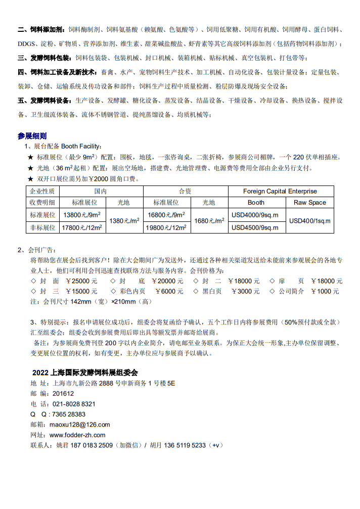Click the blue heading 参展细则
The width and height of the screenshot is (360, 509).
(x=32, y=136)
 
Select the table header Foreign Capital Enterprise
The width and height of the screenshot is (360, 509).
(x=280, y=191)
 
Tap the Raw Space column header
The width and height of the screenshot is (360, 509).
(x=310, y=202)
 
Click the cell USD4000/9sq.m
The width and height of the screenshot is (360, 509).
(x=255, y=215)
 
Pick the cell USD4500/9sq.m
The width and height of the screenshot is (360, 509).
(x=255, y=227)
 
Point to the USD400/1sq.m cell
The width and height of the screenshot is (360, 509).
(x=310, y=221)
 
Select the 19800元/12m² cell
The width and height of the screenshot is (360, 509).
(x=166, y=227)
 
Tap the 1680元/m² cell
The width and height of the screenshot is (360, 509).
(x=208, y=221)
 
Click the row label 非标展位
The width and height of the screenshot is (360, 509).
(x=42, y=227)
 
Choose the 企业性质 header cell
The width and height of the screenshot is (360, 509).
(x=42, y=191)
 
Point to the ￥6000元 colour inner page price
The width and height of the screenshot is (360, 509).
(x=169, y=291)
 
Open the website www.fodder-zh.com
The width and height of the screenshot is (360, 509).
(x=77, y=435)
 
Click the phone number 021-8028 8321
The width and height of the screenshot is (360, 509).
(x=74, y=404)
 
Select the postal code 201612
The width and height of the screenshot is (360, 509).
(x=63, y=393)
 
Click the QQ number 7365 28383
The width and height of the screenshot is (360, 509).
(x=67, y=414)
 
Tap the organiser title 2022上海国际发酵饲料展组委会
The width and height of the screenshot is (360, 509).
(x=84, y=373)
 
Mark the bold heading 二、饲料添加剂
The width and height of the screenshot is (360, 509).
(x=40, y=29)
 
